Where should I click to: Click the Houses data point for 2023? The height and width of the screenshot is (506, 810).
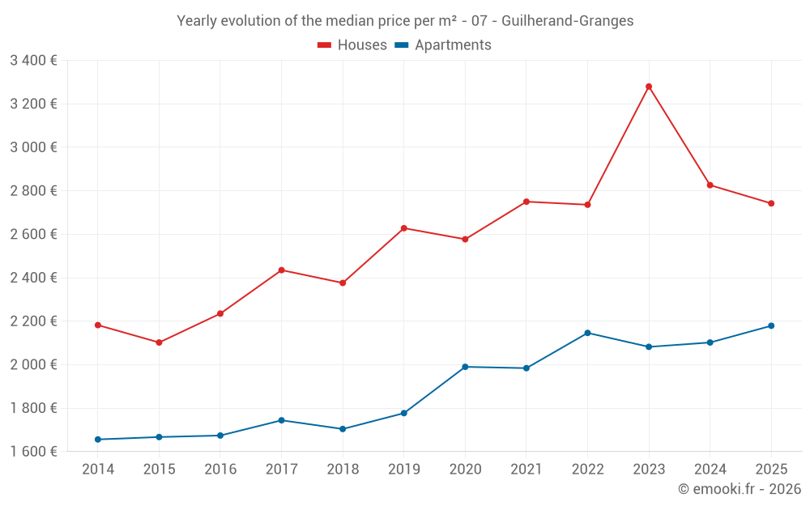pyautogui.click(x=649, y=87)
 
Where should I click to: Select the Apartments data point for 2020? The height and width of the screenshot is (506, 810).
pyautogui.click(x=465, y=367)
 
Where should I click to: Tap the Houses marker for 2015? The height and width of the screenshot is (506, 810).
pyautogui.click(x=159, y=342)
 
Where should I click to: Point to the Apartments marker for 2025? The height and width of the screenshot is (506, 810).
pyautogui.click(x=771, y=325)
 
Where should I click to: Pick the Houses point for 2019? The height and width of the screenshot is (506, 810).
pyautogui.click(x=404, y=228)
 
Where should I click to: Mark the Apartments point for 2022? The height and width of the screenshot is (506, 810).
pyautogui.click(x=587, y=333)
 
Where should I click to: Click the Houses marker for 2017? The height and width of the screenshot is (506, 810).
pyautogui.click(x=281, y=270)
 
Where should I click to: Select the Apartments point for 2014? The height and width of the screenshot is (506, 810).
pyautogui.click(x=98, y=440)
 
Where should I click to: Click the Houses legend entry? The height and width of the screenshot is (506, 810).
pyautogui.click(x=352, y=45)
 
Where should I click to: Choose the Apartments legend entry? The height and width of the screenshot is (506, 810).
pyautogui.click(x=443, y=45)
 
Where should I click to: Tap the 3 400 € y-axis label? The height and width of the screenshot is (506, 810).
pyautogui.click(x=33, y=60)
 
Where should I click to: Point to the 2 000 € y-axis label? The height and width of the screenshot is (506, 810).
pyautogui.click(x=33, y=364)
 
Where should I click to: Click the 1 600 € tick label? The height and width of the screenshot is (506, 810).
pyautogui.click(x=33, y=451)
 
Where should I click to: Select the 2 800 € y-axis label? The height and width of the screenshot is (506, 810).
pyautogui.click(x=33, y=190)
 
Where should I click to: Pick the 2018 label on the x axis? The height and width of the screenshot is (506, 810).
pyautogui.click(x=343, y=469)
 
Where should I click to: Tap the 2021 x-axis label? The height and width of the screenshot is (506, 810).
pyautogui.click(x=526, y=469)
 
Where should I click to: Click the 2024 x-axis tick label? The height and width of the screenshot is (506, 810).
pyautogui.click(x=710, y=469)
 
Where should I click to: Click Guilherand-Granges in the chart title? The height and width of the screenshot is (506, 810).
pyautogui.click(x=567, y=20)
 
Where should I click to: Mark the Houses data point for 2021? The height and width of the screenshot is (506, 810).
pyautogui.click(x=526, y=202)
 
